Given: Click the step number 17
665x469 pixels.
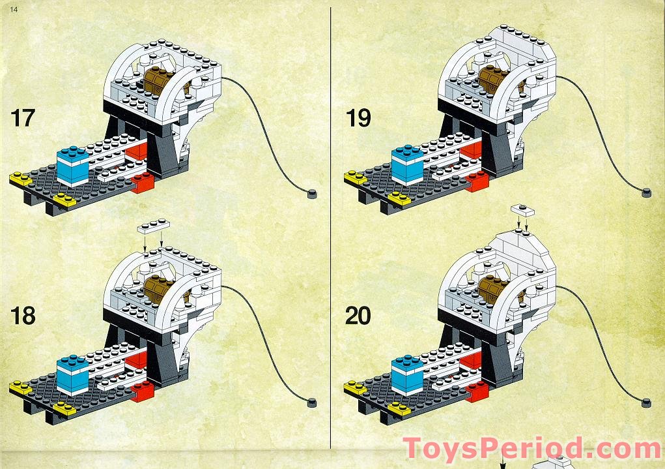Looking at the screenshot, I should (x=22, y=118).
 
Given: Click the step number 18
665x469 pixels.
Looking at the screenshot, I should (x=22, y=316).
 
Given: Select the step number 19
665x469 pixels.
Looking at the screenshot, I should (x=358, y=118).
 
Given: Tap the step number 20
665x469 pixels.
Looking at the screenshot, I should (x=358, y=316).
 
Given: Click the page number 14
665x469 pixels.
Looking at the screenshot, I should (x=6, y=6).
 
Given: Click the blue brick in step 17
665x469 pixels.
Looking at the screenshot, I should (x=72, y=165).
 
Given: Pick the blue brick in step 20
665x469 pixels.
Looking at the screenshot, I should (x=407, y=374).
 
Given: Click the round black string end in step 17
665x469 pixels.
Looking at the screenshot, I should (x=312, y=192).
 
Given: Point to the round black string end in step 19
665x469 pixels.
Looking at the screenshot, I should (x=646, y=191).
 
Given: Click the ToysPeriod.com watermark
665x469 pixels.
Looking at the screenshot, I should (x=531, y=449).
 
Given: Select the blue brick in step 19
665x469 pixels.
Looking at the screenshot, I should (x=407, y=165).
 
